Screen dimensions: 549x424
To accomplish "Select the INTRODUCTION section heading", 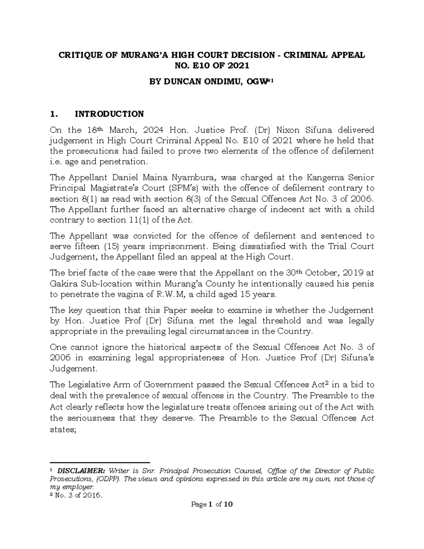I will click(x=109, y=114).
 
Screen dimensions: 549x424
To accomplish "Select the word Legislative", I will click(x=89, y=385).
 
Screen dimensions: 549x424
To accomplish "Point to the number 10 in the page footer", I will click(x=228, y=504).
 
